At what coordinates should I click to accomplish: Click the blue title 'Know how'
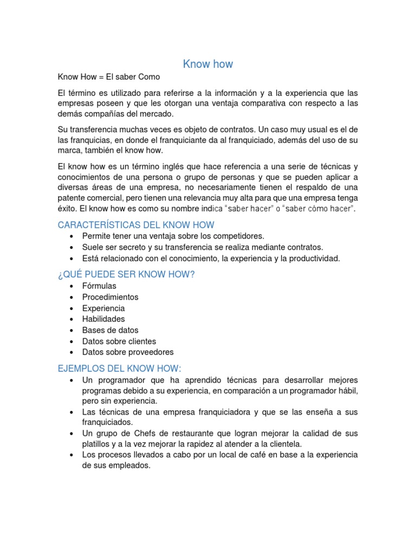(208, 64)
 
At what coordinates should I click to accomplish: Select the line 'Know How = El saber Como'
(109, 77)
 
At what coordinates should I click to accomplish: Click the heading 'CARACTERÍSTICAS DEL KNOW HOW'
(136, 225)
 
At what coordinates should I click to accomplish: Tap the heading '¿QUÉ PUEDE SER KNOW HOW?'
(126, 275)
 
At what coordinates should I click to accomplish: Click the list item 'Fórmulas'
(99, 286)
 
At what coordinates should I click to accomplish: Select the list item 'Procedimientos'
(110, 297)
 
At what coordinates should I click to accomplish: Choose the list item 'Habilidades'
(103, 319)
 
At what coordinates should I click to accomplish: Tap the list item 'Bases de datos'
(110, 330)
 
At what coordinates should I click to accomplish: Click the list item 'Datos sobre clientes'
(119, 341)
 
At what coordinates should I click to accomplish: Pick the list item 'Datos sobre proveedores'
(128, 352)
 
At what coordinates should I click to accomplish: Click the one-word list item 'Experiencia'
(103, 308)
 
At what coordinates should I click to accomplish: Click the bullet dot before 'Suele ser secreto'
(71, 248)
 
